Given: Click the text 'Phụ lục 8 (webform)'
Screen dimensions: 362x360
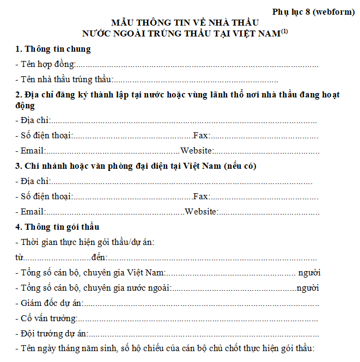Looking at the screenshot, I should [314, 11].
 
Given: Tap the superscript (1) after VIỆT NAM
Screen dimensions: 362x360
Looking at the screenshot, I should [284, 32].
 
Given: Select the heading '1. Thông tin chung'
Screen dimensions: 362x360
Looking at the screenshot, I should [53, 49].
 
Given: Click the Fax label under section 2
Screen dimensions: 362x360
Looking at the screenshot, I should [201, 136].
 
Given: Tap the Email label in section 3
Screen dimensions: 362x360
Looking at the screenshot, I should [32, 212].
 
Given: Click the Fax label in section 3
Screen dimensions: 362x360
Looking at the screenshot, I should [201, 197].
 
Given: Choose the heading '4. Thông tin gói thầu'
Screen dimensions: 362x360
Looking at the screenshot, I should [57, 226].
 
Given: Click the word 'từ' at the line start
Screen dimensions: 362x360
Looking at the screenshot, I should [19, 257].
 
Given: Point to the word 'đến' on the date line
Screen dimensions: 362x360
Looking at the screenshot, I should [99, 257].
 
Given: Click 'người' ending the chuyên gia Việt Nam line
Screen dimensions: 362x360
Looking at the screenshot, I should [309, 272].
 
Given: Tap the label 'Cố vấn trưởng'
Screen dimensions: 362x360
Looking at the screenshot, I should [48, 318].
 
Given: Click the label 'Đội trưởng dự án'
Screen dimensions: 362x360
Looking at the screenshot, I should [53, 333].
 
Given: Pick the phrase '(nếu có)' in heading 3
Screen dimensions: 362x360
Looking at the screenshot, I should [240, 166].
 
